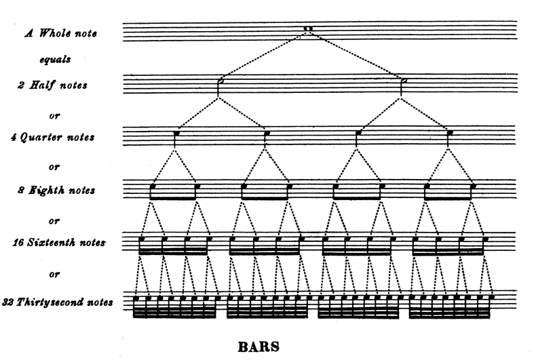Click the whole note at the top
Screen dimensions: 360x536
[308, 29]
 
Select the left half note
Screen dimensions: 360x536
[219, 81]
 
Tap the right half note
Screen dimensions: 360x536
[404, 81]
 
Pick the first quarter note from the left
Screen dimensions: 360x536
[176, 133]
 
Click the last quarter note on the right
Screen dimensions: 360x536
[449, 133]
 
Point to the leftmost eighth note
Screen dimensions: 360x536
[153, 184]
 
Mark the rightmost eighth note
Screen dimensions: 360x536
[472, 184]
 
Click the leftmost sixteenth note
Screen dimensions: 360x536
[141, 239]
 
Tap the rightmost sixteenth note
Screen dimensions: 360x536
[484, 239]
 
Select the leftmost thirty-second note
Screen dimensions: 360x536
[136, 298]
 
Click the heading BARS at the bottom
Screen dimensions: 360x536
[259, 347]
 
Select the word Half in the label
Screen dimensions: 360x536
[43, 85]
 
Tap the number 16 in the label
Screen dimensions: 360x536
[16, 242]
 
